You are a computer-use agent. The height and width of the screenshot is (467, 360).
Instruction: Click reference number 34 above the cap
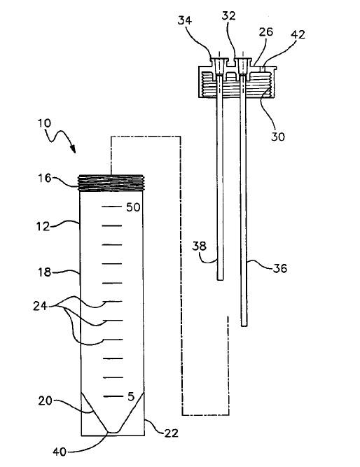185,20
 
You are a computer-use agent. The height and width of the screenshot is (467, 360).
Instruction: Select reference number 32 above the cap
228,15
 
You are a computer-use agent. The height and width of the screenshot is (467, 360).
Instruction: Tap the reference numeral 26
266,32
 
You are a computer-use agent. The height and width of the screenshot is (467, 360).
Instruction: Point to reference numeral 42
298,34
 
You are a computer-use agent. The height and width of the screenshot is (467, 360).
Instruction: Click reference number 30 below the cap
278,137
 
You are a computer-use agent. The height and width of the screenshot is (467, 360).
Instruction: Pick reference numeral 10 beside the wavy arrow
44,123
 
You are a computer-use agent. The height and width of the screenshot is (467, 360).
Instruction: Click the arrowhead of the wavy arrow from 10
73,149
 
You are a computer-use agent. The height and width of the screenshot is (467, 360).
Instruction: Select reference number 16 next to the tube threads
44,178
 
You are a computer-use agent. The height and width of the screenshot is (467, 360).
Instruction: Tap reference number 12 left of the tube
44,227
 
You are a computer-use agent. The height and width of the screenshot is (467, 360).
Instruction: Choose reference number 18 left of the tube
45,272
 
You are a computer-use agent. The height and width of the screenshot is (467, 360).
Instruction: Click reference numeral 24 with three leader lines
40,306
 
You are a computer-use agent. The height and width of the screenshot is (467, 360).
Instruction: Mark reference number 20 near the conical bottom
46,401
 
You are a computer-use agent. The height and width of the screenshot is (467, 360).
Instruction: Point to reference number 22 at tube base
171,433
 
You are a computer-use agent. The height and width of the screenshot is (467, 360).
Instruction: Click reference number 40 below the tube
60,452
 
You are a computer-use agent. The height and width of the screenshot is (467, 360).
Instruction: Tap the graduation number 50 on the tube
133,207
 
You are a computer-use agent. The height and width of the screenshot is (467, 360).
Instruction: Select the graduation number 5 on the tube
131,397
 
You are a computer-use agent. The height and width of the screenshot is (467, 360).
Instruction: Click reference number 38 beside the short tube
199,246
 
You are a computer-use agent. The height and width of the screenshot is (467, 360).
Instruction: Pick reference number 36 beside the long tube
280,268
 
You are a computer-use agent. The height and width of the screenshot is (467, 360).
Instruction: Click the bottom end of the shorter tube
220,280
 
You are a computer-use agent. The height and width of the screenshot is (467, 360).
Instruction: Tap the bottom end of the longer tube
244,326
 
